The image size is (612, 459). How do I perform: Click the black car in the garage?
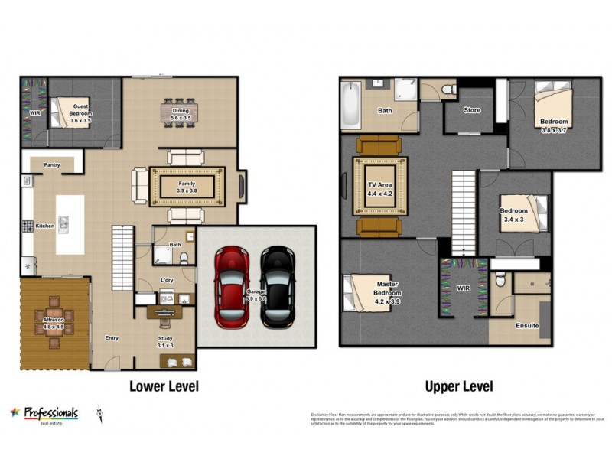(278, 285)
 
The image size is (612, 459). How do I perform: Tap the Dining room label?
(181, 110)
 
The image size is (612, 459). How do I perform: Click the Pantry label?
(52, 164)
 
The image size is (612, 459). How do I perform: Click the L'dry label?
(167, 280)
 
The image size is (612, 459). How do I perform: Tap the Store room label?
(472, 110)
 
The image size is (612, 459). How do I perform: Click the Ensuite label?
(527, 325)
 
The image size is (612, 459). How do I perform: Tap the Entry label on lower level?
(112, 338)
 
